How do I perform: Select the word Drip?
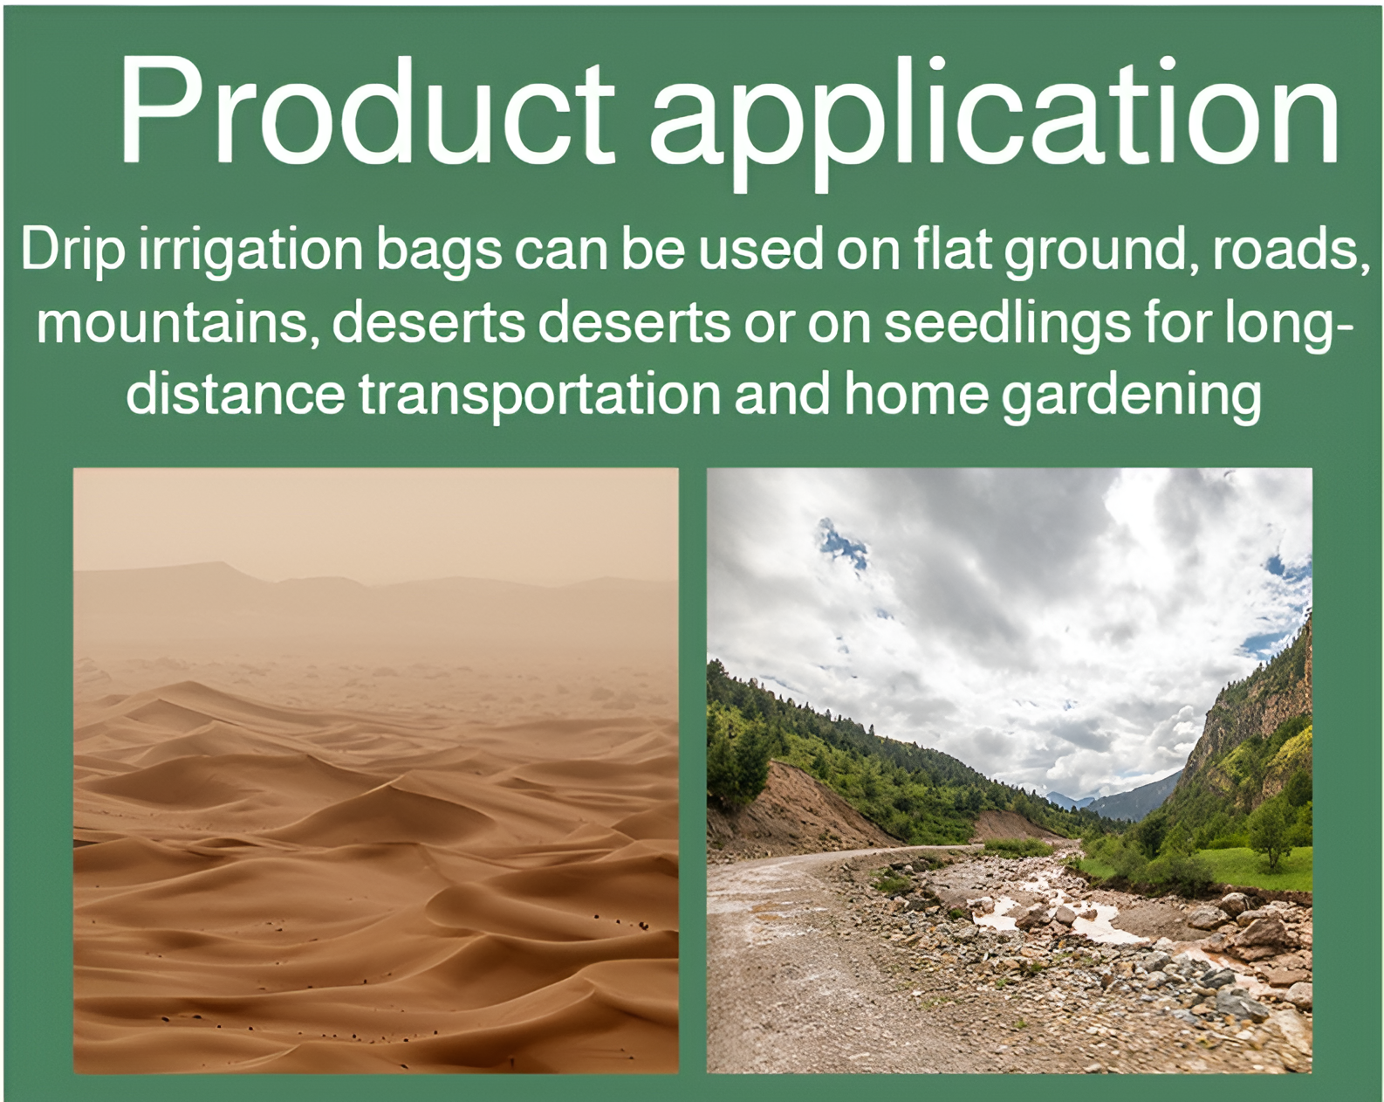pyautogui.click(x=72, y=250)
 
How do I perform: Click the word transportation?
pyautogui.click(x=539, y=395)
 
